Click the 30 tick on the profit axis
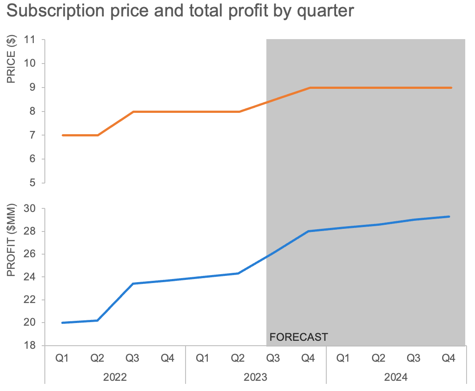(29, 208)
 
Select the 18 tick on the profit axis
(29, 345)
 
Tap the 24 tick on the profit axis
(29, 277)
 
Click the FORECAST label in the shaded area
(298, 337)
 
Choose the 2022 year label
(115, 378)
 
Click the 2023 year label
(256, 378)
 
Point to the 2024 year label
(396, 378)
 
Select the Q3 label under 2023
(273, 358)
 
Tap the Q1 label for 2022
(62, 358)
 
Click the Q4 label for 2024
(449, 358)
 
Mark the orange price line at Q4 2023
(309, 88)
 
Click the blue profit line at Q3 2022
(133, 283)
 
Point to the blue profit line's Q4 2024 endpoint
(449, 216)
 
